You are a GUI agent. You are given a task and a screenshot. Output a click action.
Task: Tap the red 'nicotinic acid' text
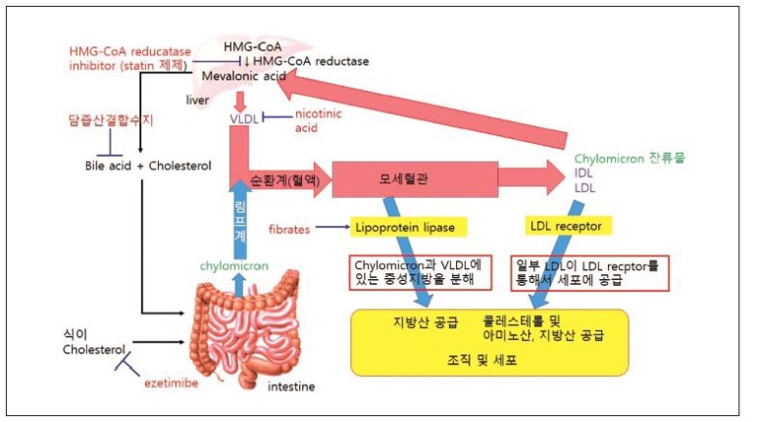pos(321,120)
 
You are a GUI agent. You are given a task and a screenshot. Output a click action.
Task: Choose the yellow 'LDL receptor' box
pos(570,227)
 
